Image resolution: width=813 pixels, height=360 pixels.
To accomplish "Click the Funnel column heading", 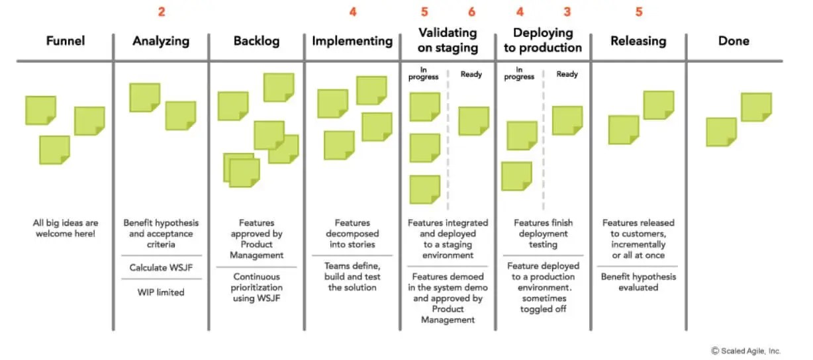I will point(65,41).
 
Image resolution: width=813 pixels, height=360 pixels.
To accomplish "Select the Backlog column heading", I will point(256,41).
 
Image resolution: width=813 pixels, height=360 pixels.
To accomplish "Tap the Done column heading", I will point(734,41).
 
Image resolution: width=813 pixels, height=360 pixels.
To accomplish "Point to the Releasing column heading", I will point(638,41).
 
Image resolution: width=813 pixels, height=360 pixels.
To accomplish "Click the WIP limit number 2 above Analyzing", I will point(161,12).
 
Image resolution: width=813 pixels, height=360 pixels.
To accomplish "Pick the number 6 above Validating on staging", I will point(471,12).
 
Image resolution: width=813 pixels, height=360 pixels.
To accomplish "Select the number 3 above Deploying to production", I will point(567,12).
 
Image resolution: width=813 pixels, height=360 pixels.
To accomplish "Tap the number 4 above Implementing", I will point(352,12).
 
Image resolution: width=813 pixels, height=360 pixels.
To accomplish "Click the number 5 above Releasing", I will point(638,12).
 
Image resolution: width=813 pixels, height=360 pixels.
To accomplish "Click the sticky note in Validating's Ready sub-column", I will point(473,121).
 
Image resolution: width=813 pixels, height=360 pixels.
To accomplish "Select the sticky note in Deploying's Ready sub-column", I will point(567,120).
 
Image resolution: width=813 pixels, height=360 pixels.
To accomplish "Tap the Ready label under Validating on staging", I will point(471,75).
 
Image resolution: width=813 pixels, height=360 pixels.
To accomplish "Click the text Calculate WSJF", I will point(161,267).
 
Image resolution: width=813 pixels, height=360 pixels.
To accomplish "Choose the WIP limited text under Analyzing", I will point(161,292).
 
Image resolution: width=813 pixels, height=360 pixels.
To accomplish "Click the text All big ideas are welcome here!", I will point(65,228).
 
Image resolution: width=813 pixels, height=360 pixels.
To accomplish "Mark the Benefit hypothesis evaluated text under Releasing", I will point(638,282).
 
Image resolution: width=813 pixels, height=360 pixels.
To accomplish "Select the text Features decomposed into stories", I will point(352,234).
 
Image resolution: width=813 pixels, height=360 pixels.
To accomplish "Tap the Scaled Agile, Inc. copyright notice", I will point(746,351).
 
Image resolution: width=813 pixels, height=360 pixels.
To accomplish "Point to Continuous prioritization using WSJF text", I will point(256,287).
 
